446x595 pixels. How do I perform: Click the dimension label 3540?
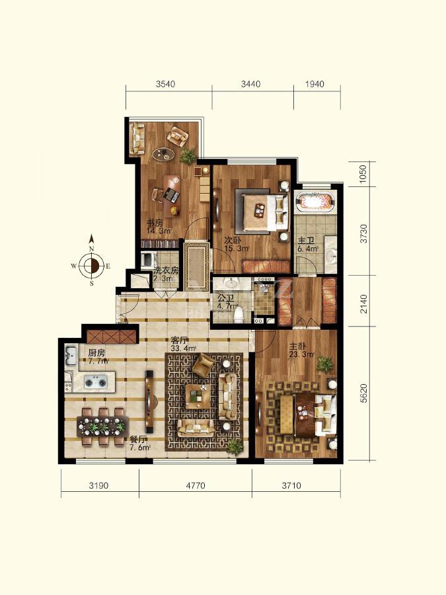click(165, 84)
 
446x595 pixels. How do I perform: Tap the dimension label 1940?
click(315, 84)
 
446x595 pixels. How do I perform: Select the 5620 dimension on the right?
click(363, 393)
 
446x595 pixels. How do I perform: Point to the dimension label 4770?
click(196, 485)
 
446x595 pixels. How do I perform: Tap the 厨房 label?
click(96, 353)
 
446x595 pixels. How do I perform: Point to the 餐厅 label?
click(138, 440)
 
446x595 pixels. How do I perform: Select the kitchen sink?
click(71, 356)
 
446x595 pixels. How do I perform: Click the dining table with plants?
click(103, 427)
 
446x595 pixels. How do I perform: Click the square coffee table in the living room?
click(197, 396)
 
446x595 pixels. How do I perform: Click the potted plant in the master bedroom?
click(324, 364)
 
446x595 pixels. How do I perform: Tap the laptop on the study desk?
click(172, 196)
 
